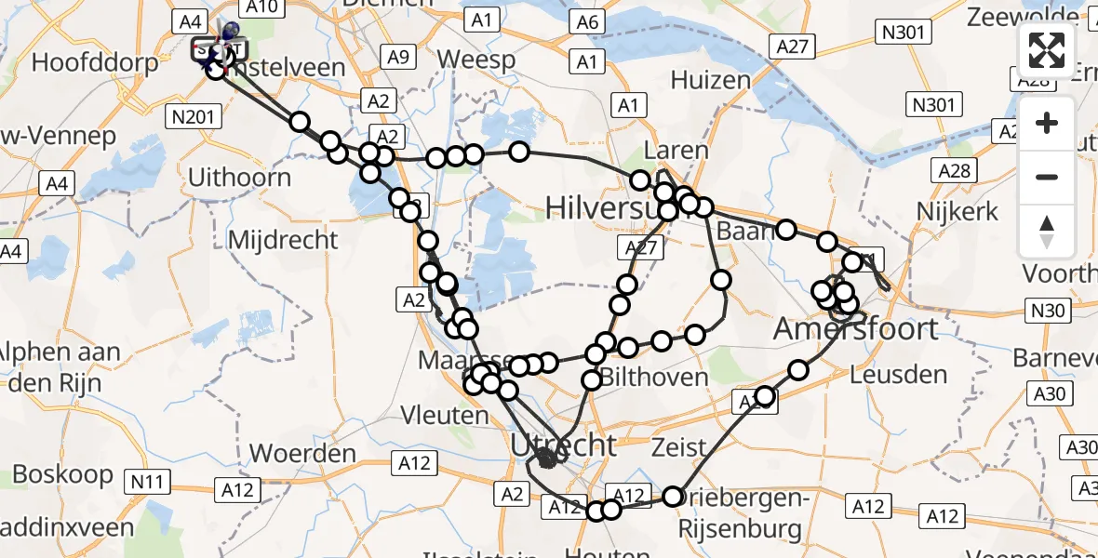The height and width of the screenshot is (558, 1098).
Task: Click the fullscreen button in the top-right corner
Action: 1047,50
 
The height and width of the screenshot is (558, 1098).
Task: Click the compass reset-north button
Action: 1047,232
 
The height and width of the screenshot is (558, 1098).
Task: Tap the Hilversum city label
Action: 605,206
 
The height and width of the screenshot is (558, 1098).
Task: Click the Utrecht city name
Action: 563,445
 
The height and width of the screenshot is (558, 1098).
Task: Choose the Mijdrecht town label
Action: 283,239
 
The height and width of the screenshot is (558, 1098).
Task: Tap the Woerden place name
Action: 303,455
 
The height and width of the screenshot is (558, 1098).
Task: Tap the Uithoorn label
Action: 239,177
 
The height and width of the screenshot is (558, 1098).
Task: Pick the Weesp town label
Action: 476,60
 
